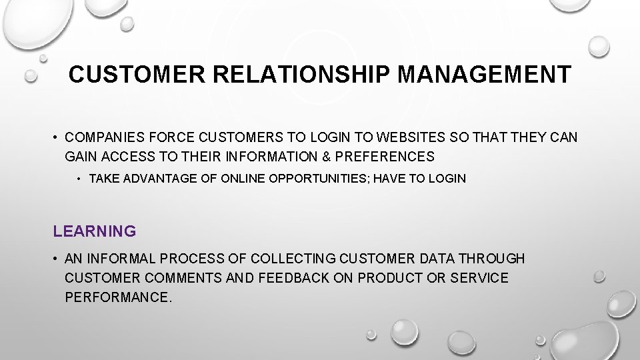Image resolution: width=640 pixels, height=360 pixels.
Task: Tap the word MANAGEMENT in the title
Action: [484, 74]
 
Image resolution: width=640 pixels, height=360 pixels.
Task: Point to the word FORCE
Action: [173, 137]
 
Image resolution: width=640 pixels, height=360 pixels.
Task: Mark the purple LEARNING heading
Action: [95, 231]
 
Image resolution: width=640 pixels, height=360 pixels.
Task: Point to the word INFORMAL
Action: [118, 258]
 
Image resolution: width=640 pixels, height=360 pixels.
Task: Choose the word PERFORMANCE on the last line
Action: [118, 297]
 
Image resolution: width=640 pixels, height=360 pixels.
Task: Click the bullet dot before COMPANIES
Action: [57, 138]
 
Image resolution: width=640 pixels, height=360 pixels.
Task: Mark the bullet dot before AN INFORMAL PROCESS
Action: [57, 259]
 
